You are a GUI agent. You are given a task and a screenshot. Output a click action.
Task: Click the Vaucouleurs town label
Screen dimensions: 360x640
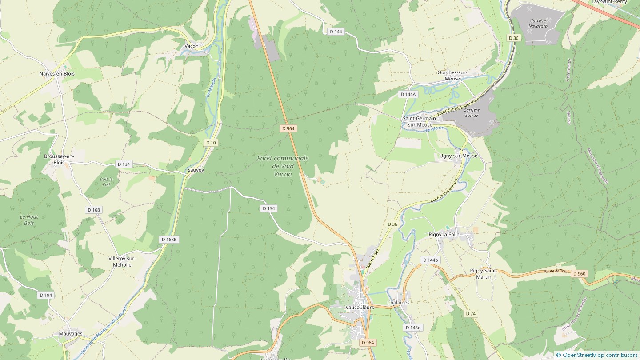click(360, 307)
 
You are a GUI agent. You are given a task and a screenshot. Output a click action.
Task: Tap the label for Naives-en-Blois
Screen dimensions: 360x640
click(57, 74)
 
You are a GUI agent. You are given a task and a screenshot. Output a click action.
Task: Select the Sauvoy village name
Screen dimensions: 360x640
click(196, 170)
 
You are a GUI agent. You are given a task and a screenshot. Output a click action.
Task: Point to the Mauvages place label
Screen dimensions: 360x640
click(71, 333)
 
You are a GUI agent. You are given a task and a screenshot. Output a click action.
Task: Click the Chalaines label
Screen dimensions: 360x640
click(398, 303)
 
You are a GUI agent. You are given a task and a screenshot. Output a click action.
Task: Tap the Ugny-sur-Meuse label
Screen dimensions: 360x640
click(458, 156)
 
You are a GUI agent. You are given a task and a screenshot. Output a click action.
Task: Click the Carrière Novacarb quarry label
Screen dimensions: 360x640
click(538, 23)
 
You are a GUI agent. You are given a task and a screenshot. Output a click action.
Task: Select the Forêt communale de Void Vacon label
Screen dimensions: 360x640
click(283, 166)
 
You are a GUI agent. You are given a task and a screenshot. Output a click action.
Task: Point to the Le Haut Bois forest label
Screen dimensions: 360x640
click(29, 220)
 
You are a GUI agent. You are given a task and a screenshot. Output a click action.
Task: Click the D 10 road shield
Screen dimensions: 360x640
click(211, 142)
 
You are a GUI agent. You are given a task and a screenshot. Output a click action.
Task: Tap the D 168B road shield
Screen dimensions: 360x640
click(169, 240)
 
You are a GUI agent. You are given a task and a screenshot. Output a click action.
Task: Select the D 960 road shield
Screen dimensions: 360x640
click(579, 274)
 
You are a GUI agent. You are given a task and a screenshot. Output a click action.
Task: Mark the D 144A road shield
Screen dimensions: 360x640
click(408, 94)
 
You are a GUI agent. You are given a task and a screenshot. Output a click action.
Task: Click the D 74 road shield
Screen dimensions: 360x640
click(471, 314)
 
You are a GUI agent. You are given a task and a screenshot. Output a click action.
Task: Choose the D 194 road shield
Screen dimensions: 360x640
click(46, 295)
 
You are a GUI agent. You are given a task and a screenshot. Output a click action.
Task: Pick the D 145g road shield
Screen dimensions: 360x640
click(413, 328)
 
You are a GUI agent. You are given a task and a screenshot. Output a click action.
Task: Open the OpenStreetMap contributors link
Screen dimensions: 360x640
click(600, 355)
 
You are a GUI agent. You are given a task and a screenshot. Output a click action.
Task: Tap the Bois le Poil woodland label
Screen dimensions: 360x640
click(106, 181)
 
